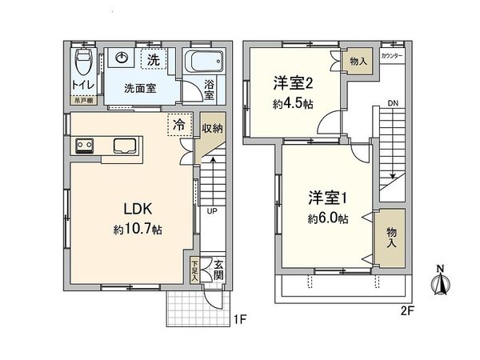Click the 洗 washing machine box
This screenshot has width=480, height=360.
pyautogui.click(x=153, y=59)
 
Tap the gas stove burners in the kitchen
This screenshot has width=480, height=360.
pyautogui.click(x=85, y=146)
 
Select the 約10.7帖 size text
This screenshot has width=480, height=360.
pyautogui.click(x=138, y=230)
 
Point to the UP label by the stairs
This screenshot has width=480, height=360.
pyautogui.click(x=212, y=212)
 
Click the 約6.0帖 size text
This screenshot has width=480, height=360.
pyautogui.click(x=326, y=218)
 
